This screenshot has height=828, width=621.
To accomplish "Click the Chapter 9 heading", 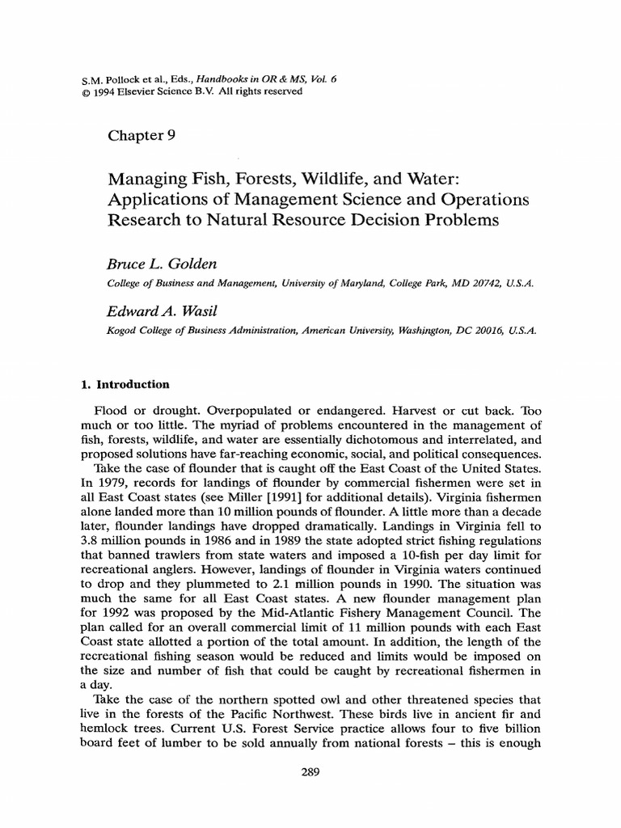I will click(x=142, y=135).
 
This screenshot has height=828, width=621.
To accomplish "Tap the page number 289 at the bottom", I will click(x=310, y=772).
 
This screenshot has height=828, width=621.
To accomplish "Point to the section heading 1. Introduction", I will click(x=129, y=385).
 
